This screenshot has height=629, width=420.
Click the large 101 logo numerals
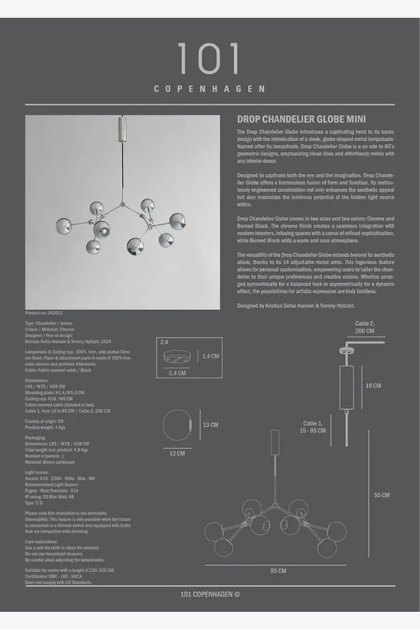click(210, 60)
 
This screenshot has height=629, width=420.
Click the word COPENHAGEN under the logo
click(210, 88)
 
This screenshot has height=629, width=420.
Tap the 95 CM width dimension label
click(278, 571)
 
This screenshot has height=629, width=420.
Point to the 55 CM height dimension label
click(381, 495)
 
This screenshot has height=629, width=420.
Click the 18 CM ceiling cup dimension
click(373, 386)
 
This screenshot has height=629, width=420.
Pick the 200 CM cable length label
click(364, 330)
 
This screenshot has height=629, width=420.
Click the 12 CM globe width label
click(177, 454)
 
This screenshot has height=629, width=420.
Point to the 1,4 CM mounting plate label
click(212, 356)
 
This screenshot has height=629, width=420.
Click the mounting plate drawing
click(176, 356)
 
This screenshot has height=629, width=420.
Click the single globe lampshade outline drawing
click(176, 424)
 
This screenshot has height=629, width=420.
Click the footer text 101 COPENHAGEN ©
click(210, 594)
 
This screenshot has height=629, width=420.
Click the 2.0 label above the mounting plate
click(164, 341)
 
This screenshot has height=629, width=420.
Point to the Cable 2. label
click(365, 322)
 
